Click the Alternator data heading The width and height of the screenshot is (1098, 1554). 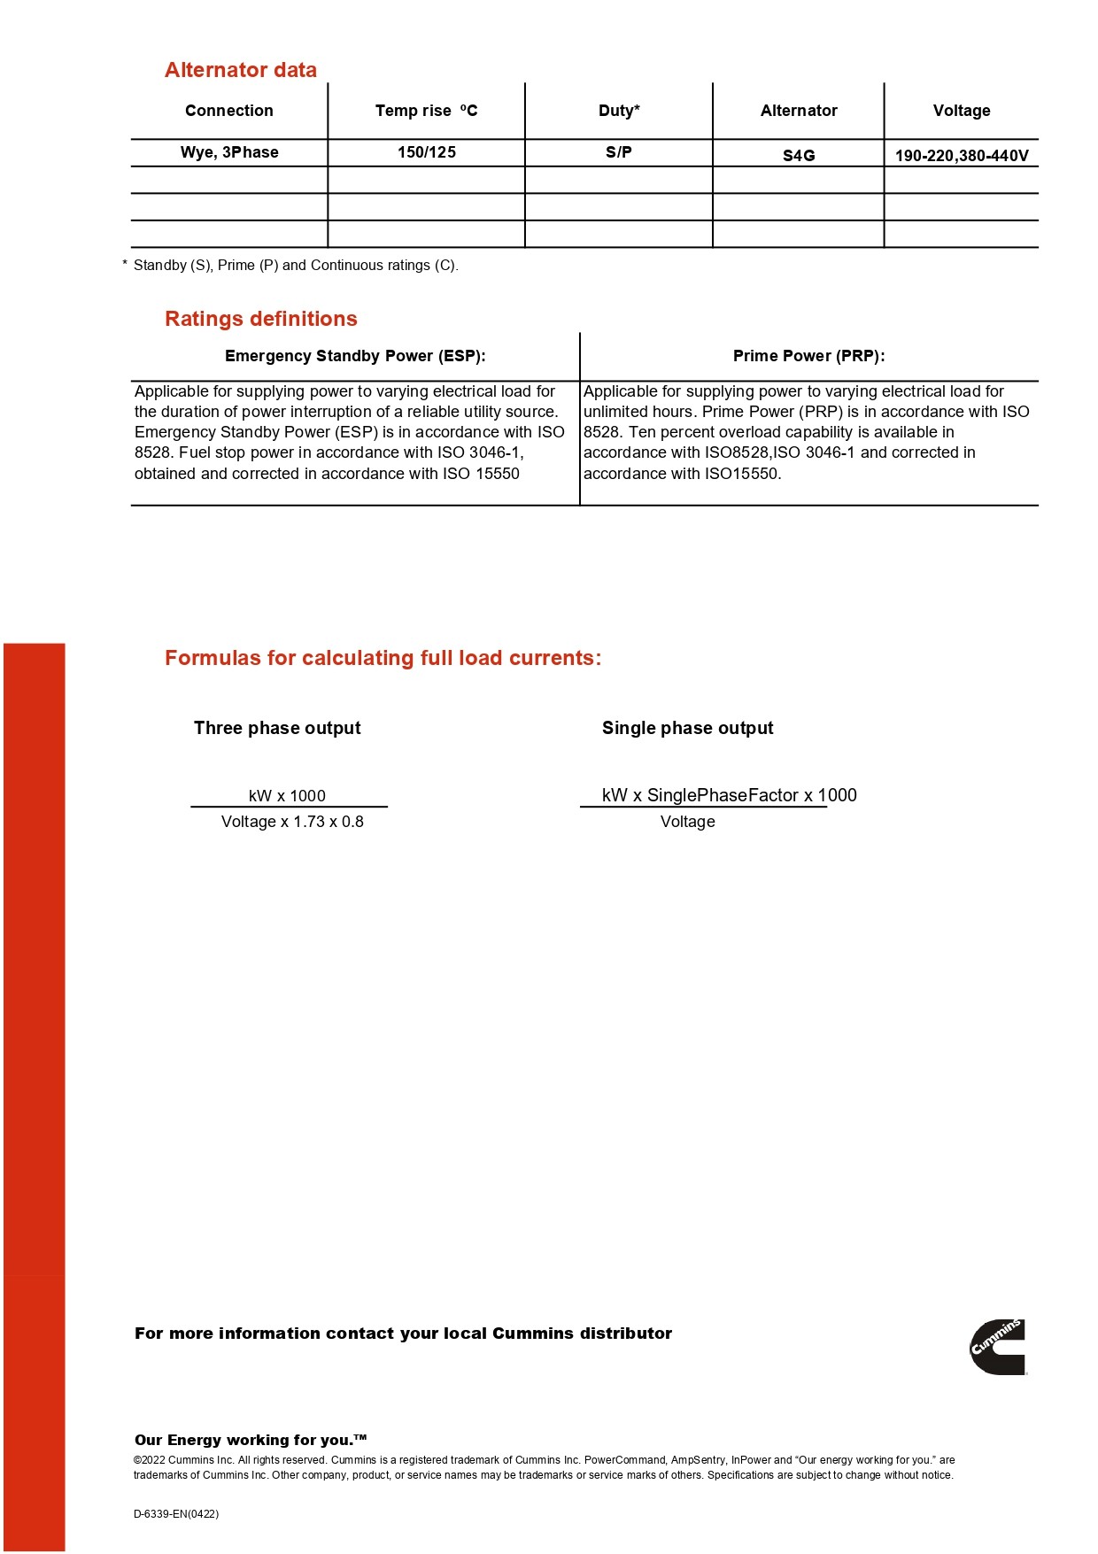(x=240, y=70)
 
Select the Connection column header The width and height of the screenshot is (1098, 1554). (x=228, y=111)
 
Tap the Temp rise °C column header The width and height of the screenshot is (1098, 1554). (x=426, y=111)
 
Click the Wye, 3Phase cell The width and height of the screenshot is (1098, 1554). (x=229, y=152)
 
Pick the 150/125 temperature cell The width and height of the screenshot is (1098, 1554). (x=426, y=152)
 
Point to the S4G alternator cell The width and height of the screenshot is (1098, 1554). (x=798, y=156)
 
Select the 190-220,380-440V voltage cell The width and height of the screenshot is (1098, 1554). (x=961, y=156)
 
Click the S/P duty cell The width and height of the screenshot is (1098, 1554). (x=618, y=152)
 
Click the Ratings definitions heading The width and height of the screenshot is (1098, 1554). (x=260, y=319)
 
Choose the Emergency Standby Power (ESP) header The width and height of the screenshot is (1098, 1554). (x=355, y=356)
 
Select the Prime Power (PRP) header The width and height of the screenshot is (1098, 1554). (x=808, y=356)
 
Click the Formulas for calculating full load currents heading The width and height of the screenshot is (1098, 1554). (x=383, y=658)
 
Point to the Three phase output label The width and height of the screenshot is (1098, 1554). (x=277, y=728)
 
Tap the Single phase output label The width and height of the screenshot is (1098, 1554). (x=687, y=728)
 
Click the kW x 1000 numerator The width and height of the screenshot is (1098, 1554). (x=287, y=796)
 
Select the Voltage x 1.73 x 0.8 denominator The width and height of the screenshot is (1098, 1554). (x=292, y=822)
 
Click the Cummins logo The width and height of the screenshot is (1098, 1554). (x=998, y=1347)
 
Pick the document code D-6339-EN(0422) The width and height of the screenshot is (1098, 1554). (x=176, y=1514)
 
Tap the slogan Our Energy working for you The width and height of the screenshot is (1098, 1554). (x=250, y=1440)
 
